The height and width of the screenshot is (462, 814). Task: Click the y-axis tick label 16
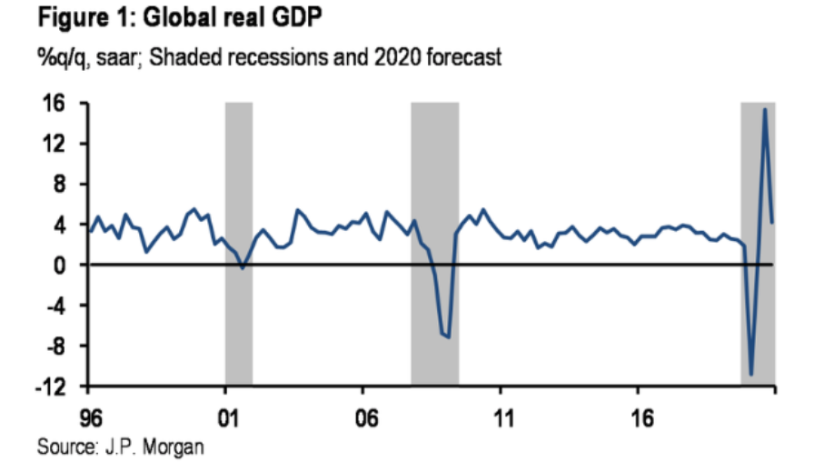point(61,104)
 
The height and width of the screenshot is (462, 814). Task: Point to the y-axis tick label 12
point(61,144)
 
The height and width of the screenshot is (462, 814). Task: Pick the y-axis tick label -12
point(56,386)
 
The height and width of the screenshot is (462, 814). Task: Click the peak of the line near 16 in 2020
point(765,110)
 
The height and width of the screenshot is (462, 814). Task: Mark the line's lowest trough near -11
point(751,373)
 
